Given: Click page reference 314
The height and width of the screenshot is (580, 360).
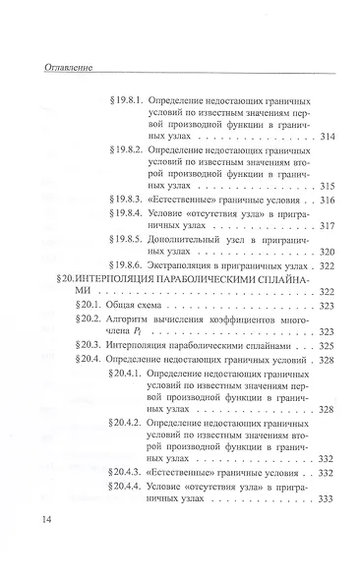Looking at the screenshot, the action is click(329, 135).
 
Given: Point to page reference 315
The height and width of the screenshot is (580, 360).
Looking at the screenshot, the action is click(329, 186).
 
